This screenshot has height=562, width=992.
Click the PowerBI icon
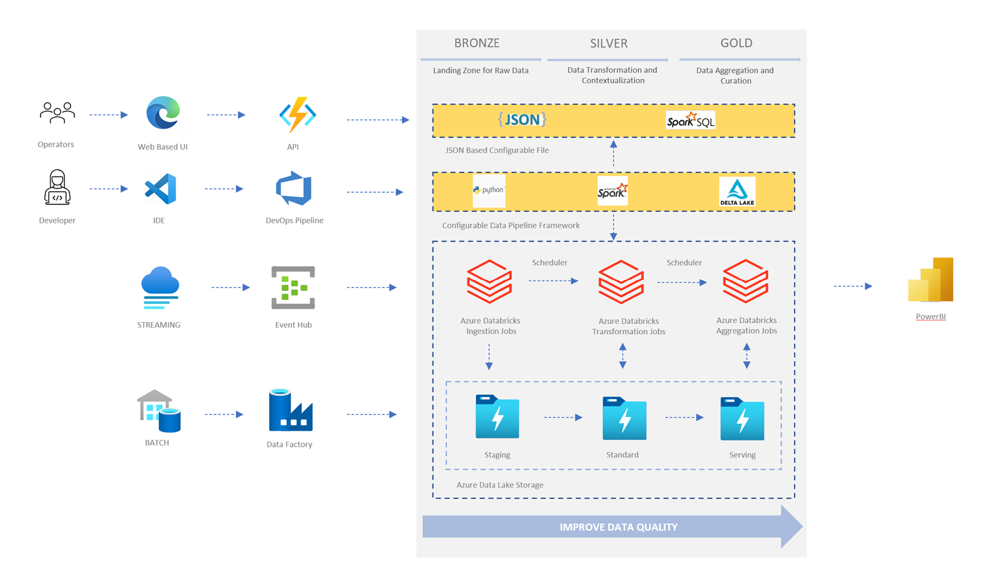click(931, 280)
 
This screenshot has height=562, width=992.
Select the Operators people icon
click(57, 113)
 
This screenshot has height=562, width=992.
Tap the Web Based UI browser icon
click(163, 113)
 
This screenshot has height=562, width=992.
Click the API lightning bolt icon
click(297, 115)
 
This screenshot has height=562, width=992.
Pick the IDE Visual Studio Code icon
click(160, 189)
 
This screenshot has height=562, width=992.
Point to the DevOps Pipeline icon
click(294, 188)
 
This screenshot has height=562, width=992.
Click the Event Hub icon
click(293, 288)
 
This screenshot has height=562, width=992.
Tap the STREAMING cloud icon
click(160, 288)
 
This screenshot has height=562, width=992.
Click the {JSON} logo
click(522, 120)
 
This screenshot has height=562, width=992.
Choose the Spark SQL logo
click(690, 120)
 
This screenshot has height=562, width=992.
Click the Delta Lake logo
click(737, 192)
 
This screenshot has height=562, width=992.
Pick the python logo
click(488, 190)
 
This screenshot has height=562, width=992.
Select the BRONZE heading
click(476, 43)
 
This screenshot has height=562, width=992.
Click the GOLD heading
click(736, 43)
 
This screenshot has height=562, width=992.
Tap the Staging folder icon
click(497, 417)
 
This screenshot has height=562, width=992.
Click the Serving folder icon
click(742, 418)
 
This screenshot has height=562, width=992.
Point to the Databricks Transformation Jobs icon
click(621, 281)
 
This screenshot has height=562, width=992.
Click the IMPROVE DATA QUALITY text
click(618, 527)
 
